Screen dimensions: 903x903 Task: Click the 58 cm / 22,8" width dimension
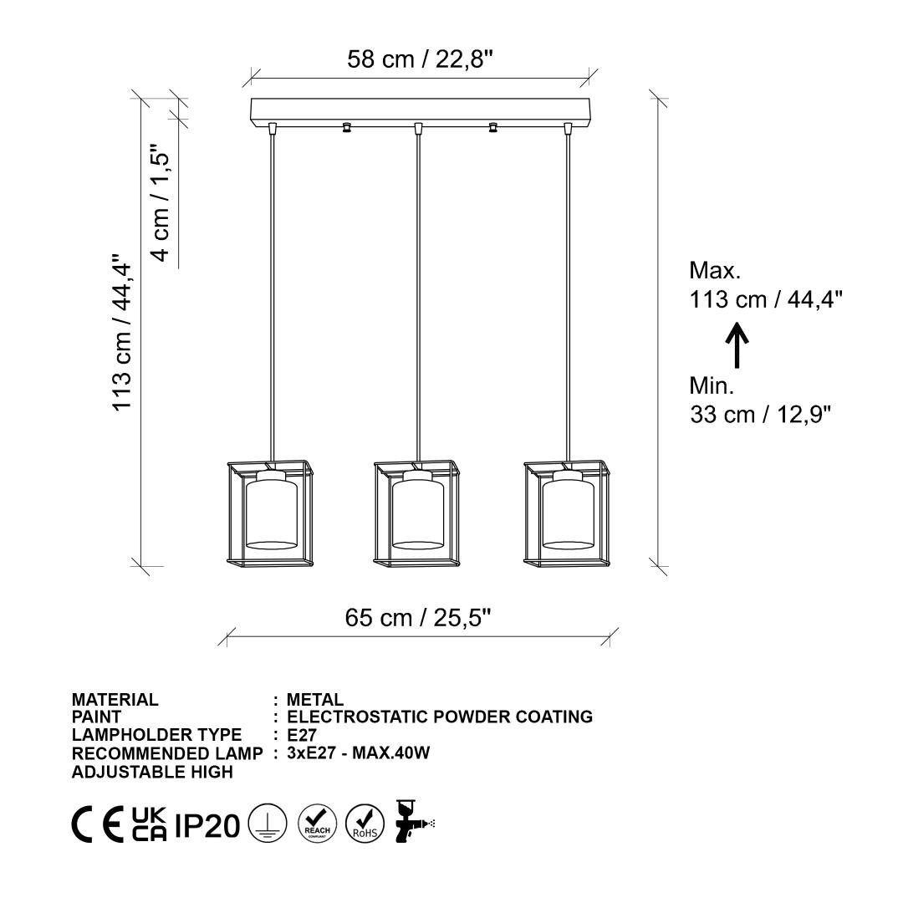420,59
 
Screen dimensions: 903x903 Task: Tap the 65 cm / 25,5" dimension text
418,618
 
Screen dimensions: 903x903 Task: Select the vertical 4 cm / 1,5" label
160,202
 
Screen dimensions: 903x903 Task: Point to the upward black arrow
737,345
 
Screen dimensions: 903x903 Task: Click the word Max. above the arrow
715,270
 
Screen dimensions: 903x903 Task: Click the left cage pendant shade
270,512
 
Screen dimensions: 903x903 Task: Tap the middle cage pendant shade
417,512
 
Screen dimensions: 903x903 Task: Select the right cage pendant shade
567,512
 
